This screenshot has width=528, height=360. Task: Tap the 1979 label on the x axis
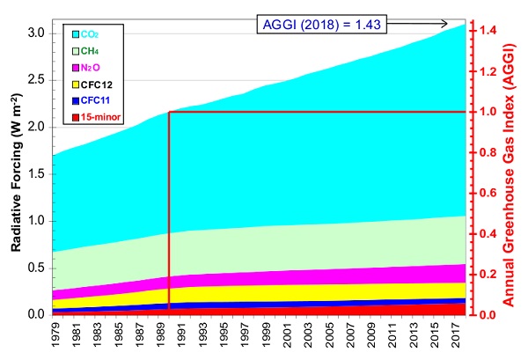[x=54, y=334]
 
